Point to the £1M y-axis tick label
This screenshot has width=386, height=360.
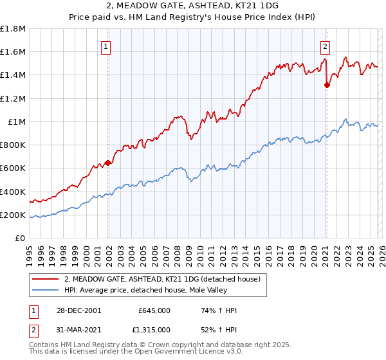(17, 122)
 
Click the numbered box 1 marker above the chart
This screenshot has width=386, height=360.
(105, 46)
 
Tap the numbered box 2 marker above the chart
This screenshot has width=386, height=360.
(326, 46)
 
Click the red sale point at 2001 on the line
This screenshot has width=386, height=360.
(108, 163)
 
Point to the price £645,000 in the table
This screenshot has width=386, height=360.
(154, 310)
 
